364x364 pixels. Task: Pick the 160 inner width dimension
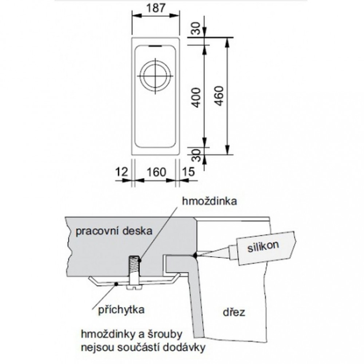(x=156, y=171)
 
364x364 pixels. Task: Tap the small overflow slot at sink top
(x=155, y=46)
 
